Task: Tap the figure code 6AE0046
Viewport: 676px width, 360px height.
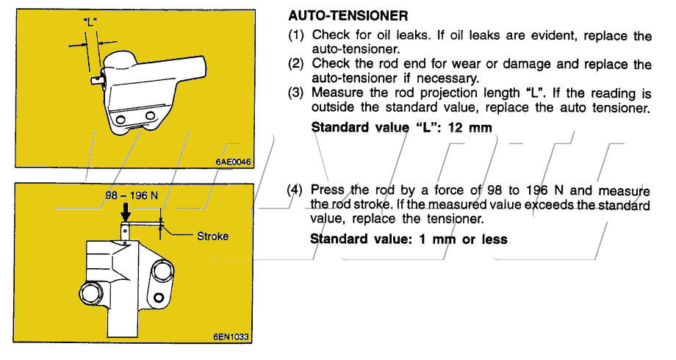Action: pyautogui.click(x=234, y=162)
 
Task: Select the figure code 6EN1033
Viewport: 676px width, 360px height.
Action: pyautogui.click(x=232, y=337)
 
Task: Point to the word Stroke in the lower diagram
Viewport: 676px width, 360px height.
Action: pyautogui.click(x=212, y=237)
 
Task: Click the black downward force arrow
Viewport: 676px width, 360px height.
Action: pyautogui.click(x=126, y=213)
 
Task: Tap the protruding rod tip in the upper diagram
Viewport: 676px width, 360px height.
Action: pyautogui.click(x=95, y=76)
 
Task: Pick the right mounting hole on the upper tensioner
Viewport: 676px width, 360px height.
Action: pyautogui.click(x=151, y=116)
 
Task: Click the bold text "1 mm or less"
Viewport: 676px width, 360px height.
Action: pyautogui.click(x=460, y=239)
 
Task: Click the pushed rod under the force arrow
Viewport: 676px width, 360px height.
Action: pyautogui.click(x=126, y=232)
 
